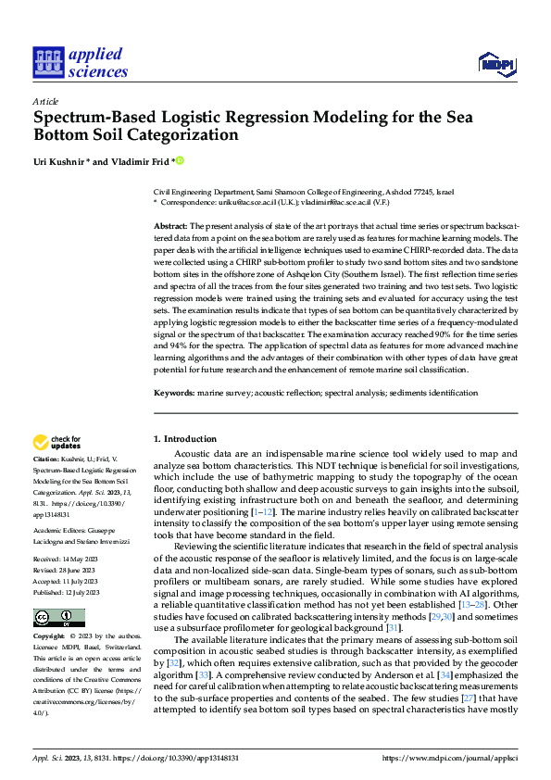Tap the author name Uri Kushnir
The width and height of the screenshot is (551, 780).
tap(57, 161)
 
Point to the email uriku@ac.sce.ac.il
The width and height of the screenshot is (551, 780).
tap(250, 201)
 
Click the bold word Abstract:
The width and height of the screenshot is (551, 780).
tap(170, 226)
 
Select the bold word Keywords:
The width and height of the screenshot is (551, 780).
tap(173, 393)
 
